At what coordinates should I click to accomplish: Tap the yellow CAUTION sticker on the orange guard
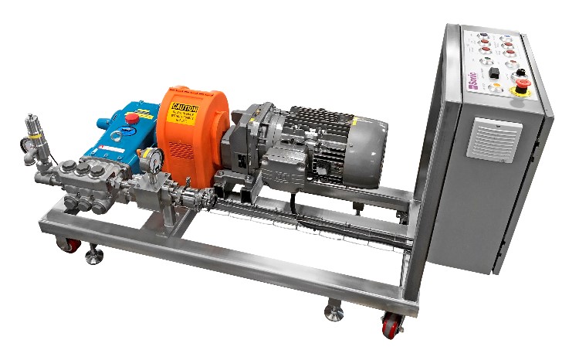pos(185,112)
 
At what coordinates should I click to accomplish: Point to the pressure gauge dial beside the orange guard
pos(154,159)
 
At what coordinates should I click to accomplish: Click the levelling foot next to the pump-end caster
pos(93,255)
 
